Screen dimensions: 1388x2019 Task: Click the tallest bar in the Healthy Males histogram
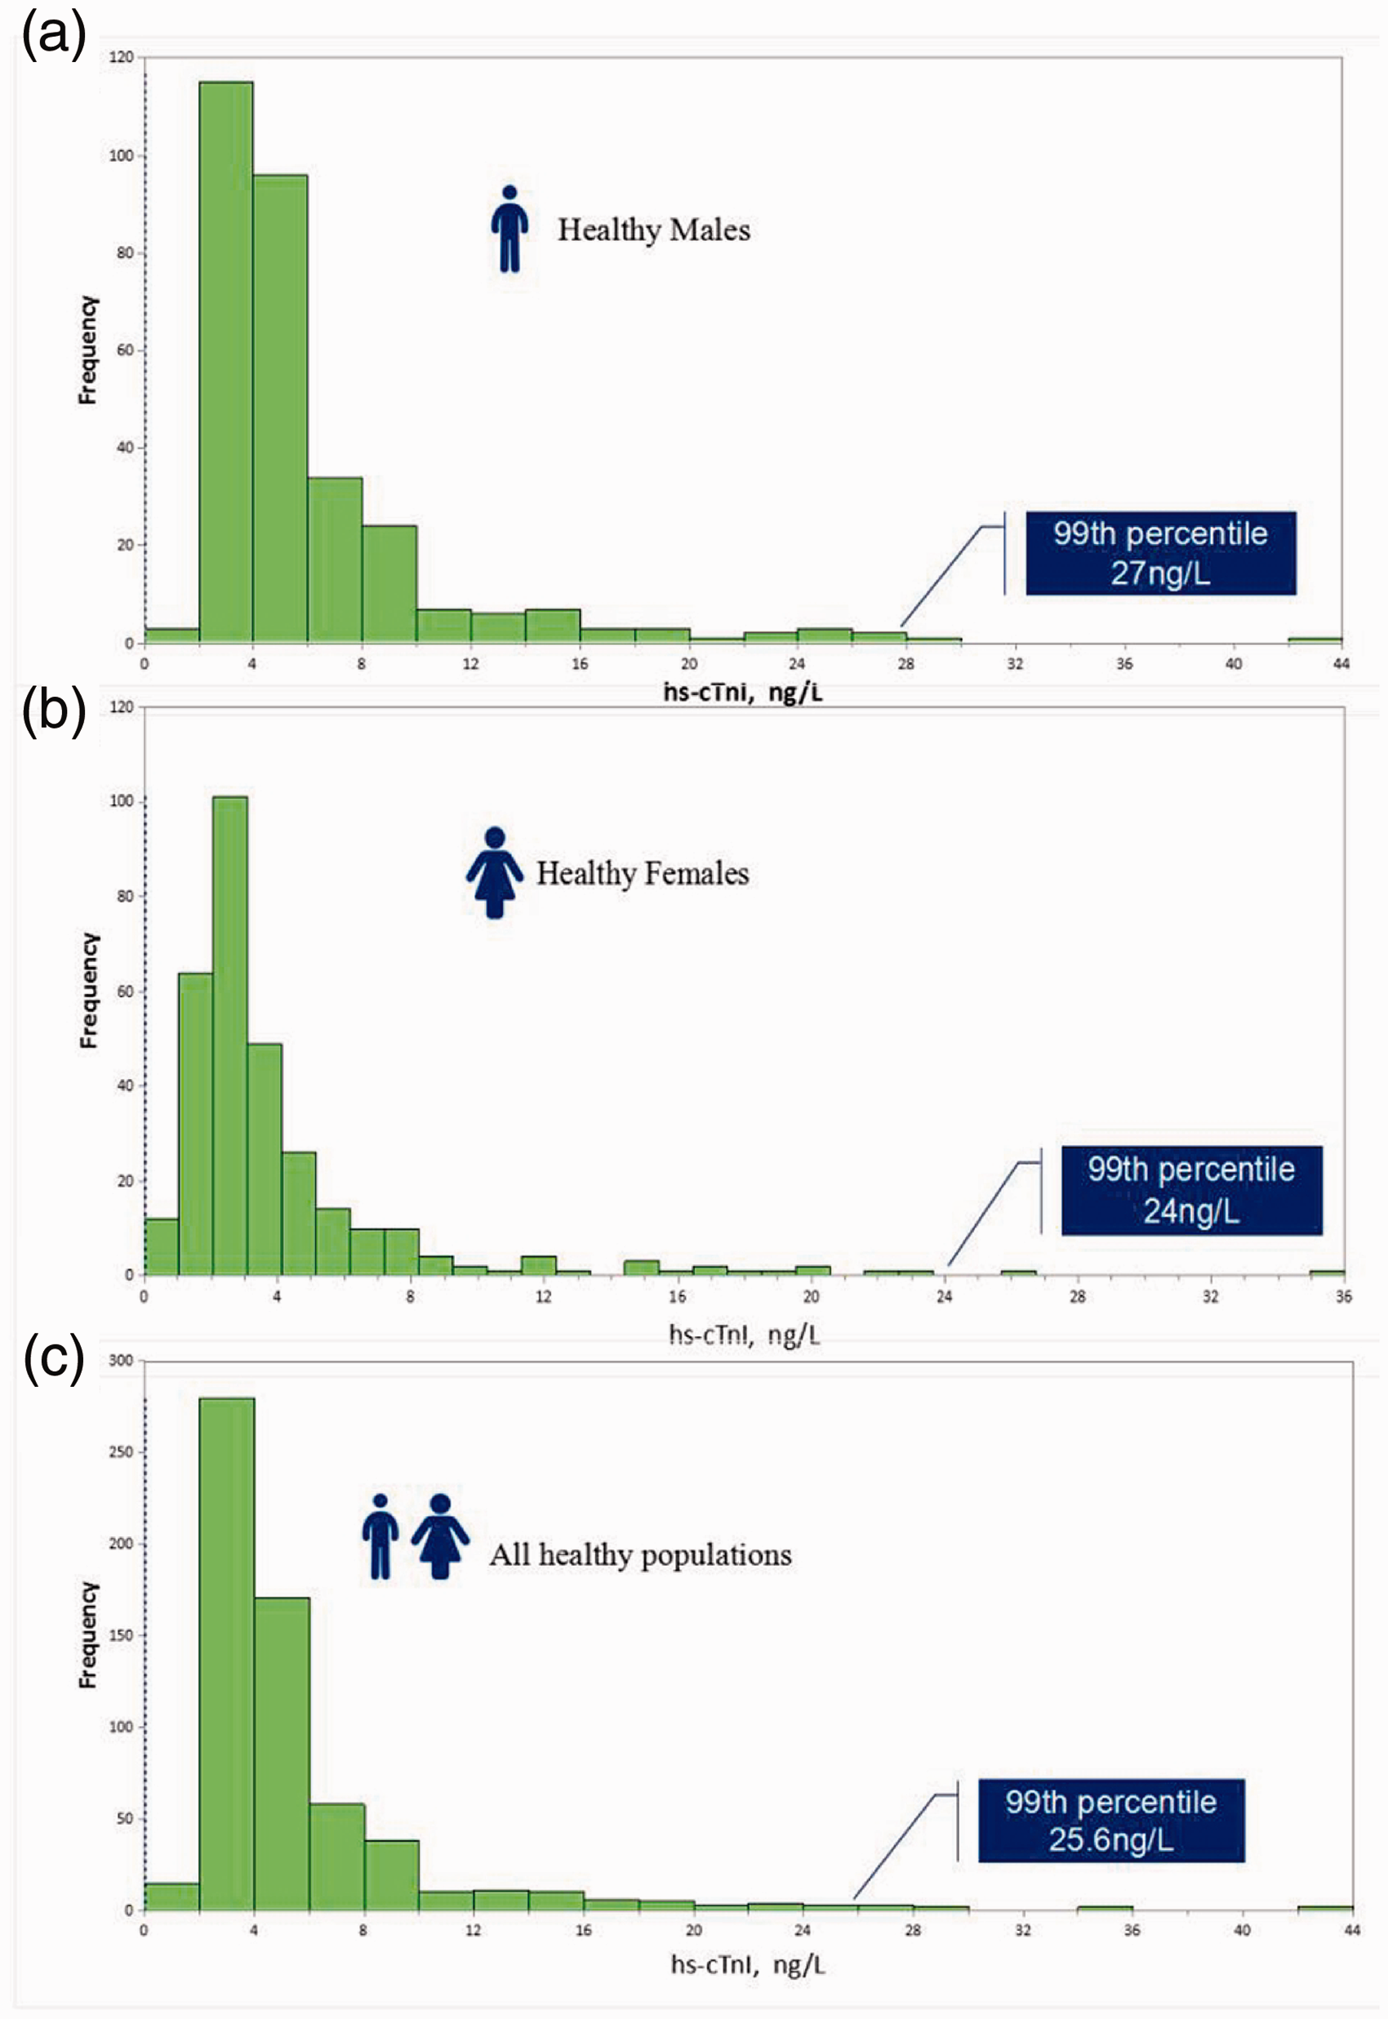(226, 362)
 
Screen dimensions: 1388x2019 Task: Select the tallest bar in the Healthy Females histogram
(229, 1035)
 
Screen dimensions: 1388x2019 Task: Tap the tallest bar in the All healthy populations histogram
(227, 1654)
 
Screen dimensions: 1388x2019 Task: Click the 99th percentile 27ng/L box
(1161, 553)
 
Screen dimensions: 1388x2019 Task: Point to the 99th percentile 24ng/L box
(1191, 1190)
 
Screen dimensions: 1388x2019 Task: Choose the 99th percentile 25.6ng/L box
(1111, 1821)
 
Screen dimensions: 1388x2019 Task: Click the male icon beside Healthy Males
(509, 229)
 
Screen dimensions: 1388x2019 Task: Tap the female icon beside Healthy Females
(495, 872)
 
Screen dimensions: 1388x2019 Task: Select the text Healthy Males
(654, 230)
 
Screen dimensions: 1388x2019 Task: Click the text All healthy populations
(641, 1554)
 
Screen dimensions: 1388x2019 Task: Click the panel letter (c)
(54, 1359)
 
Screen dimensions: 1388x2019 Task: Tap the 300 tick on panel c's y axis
(121, 1361)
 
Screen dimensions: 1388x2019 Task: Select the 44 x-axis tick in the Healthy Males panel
(1342, 664)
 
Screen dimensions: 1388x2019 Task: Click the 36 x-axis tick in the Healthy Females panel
(1344, 1297)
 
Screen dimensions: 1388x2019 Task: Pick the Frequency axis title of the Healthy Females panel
(89, 991)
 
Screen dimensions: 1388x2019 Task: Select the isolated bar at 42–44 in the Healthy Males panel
(1315, 640)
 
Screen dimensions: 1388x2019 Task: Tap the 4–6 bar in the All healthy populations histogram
(282, 1754)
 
